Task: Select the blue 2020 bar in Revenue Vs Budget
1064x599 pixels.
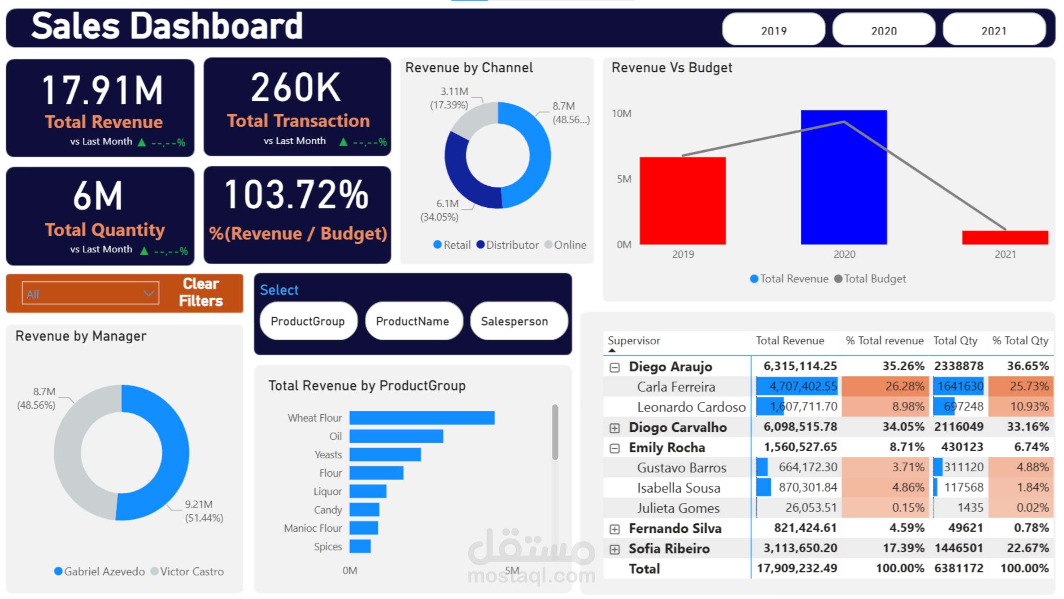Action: point(844,179)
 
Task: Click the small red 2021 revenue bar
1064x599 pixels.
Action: point(1005,238)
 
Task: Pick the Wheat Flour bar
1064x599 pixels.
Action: point(421,418)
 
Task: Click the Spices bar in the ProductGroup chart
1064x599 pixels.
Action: point(360,546)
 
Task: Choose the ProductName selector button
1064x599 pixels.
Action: point(412,321)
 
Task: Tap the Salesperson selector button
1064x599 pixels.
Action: point(514,321)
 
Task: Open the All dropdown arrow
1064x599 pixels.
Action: point(148,294)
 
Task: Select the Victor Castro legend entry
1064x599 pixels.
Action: point(187,572)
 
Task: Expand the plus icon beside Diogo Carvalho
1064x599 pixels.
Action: point(614,428)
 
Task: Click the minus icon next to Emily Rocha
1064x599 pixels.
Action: point(614,448)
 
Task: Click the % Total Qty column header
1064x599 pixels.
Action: point(1020,341)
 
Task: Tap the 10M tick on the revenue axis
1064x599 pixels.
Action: point(621,114)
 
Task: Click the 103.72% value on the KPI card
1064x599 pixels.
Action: point(296,195)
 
